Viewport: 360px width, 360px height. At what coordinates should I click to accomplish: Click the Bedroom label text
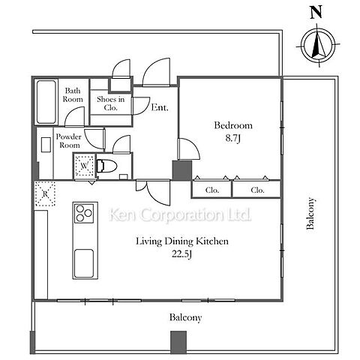click(x=233, y=125)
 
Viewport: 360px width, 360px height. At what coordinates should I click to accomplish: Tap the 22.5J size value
click(x=181, y=254)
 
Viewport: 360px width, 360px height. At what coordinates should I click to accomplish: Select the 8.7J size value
click(x=232, y=138)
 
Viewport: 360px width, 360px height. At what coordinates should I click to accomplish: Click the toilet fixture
click(x=106, y=166)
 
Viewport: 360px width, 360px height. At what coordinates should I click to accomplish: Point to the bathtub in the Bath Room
click(x=46, y=102)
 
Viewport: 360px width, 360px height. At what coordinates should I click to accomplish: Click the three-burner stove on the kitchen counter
click(x=84, y=213)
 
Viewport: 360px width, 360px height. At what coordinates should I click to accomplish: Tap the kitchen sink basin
click(x=84, y=263)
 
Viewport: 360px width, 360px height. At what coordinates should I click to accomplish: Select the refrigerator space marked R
click(x=45, y=193)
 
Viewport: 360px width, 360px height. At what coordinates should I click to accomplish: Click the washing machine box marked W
click(x=85, y=166)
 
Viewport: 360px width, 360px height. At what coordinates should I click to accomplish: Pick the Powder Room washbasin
click(x=46, y=145)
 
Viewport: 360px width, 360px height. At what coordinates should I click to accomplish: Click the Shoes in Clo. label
click(x=111, y=103)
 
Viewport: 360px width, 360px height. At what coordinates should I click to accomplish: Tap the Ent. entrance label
click(x=160, y=107)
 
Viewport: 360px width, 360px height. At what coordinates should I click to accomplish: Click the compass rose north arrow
click(x=317, y=45)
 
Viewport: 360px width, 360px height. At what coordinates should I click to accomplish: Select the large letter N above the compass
click(x=316, y=13)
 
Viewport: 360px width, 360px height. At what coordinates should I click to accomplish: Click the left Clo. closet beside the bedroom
click(x=212, y=190)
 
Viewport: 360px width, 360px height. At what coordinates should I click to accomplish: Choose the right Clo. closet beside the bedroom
click(x=257, y=190)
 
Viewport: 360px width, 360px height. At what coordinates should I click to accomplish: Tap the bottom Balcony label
click(x=185, y=317)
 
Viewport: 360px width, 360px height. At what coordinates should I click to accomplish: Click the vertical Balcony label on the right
click(x=310, y=213)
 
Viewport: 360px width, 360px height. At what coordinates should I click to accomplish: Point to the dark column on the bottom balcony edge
click(x=178, y=342)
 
